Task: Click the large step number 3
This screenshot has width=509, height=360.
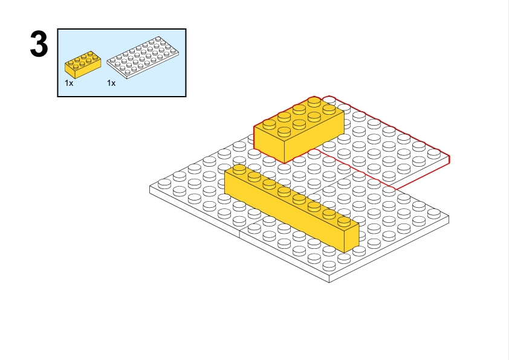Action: [39, 43]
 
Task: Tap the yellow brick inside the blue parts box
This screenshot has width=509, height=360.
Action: [83, 64]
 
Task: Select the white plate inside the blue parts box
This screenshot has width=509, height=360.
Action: [143, 57]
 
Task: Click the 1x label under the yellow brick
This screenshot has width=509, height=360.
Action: [69, 83]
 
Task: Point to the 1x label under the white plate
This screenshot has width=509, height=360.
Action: [111, 83]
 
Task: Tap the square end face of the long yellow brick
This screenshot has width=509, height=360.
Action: [352, 237]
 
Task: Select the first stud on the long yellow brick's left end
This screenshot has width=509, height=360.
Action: [239, 169]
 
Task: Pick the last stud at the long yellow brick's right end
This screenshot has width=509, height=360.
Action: [344, 221]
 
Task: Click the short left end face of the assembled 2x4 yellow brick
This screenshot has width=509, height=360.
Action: [269, 144]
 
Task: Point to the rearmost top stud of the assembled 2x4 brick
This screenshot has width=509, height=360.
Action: [314, 101]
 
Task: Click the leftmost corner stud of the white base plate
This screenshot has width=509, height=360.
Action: [164, 184]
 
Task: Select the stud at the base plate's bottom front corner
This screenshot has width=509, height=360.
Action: [329, 266]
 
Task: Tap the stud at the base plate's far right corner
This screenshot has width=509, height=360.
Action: [434, 213]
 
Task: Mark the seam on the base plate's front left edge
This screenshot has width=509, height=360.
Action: [239, 234]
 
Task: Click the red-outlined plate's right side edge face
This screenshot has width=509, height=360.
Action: [422, 173]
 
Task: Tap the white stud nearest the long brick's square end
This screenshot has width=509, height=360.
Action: [359, 250]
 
